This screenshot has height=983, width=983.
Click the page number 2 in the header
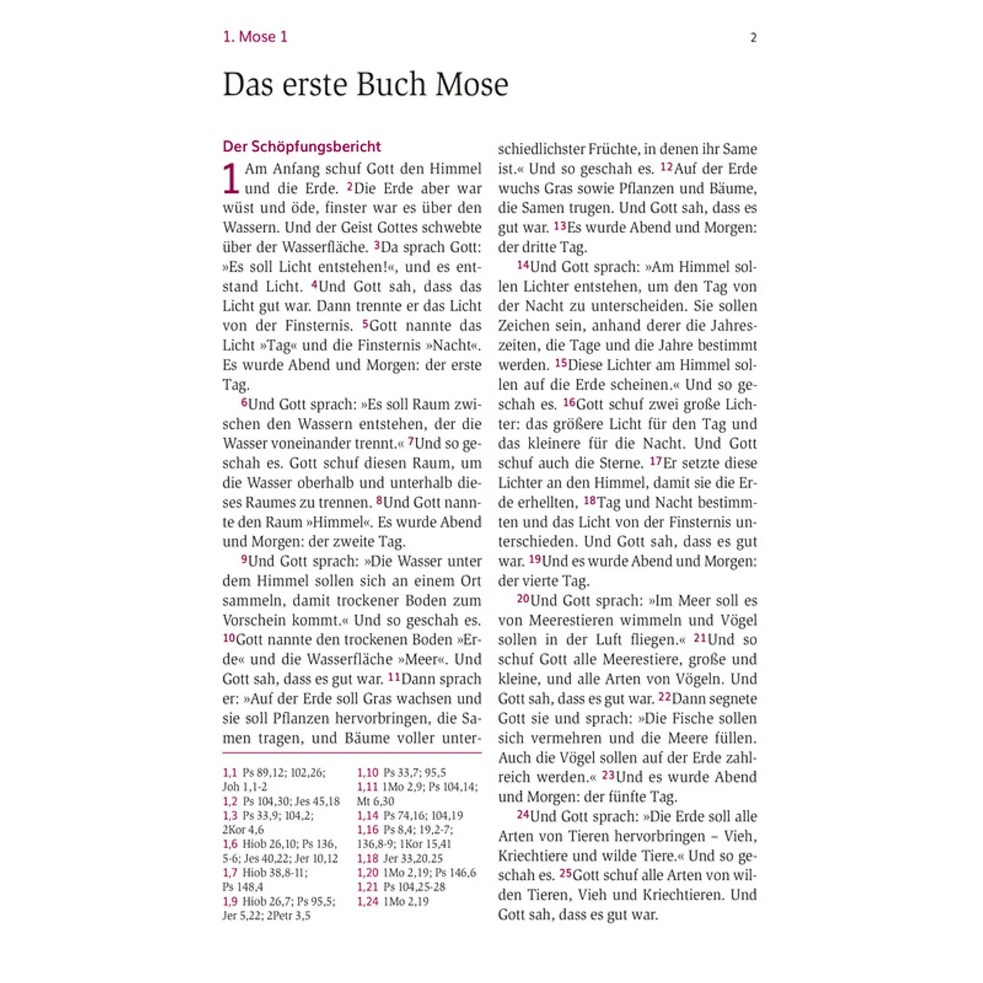point(753,38)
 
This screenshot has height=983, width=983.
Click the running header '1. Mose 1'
point(255,37)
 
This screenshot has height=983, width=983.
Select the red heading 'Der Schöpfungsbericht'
point(301,147)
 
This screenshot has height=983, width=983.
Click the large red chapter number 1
point(231,178)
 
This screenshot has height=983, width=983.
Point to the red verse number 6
point(244,403)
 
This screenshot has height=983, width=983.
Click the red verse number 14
point(522,265)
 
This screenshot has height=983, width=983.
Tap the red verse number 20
point(522,599)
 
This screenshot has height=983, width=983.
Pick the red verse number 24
point(522,814)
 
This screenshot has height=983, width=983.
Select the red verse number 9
point(244,560)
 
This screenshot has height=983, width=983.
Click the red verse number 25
point(565,874)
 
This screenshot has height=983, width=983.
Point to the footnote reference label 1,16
point(367,830)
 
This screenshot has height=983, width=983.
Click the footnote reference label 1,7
point(230,873)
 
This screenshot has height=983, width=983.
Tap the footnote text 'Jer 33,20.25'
point(413,859)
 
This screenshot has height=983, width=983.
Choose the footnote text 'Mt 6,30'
point(376,802)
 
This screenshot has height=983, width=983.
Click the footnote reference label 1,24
point(367,902)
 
